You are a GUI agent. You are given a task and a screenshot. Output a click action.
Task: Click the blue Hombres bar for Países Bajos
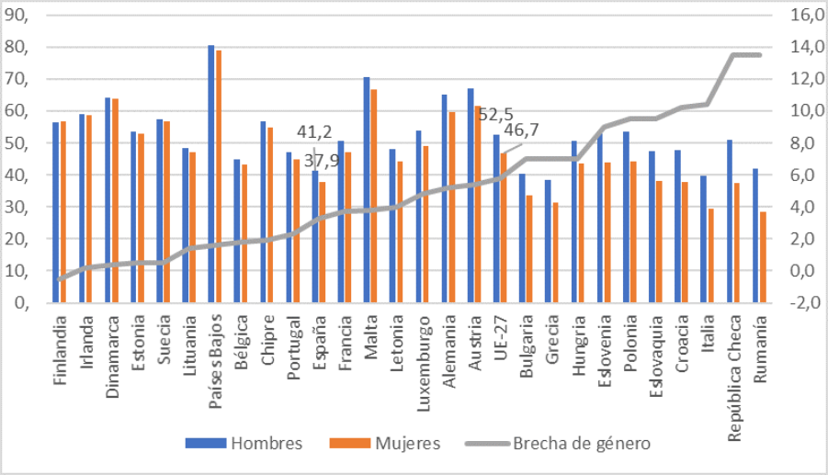click(x=210, y=175)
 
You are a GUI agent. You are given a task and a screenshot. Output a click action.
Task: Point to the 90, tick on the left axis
click(x=18, y=16)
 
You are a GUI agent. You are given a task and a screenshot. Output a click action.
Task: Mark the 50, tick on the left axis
click(x=18, y=144)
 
